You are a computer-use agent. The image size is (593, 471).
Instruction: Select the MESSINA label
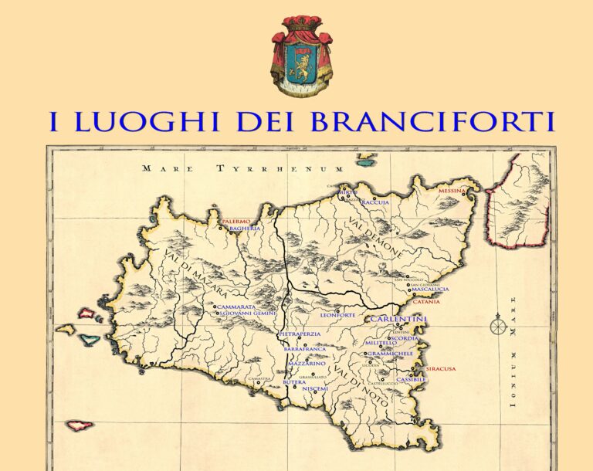point(452,190)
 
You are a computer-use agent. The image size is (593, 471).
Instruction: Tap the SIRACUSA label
point(441,369)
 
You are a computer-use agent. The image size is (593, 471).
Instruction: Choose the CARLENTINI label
point(398,319)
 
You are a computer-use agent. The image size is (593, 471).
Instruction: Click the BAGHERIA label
point(245,229)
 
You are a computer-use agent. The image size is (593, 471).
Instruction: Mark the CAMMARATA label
point(236,307)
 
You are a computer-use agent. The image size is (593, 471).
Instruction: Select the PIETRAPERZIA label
point(300,334)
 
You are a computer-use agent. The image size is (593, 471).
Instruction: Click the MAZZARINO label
point(307,364)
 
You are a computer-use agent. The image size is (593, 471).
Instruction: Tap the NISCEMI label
point(315,388)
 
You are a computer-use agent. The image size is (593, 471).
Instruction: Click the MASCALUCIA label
point(430,290)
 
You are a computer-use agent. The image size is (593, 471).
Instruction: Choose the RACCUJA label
point(375,202)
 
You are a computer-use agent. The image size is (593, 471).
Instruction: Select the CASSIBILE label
point(411,379)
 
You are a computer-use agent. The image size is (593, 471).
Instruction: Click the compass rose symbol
point(497,327)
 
